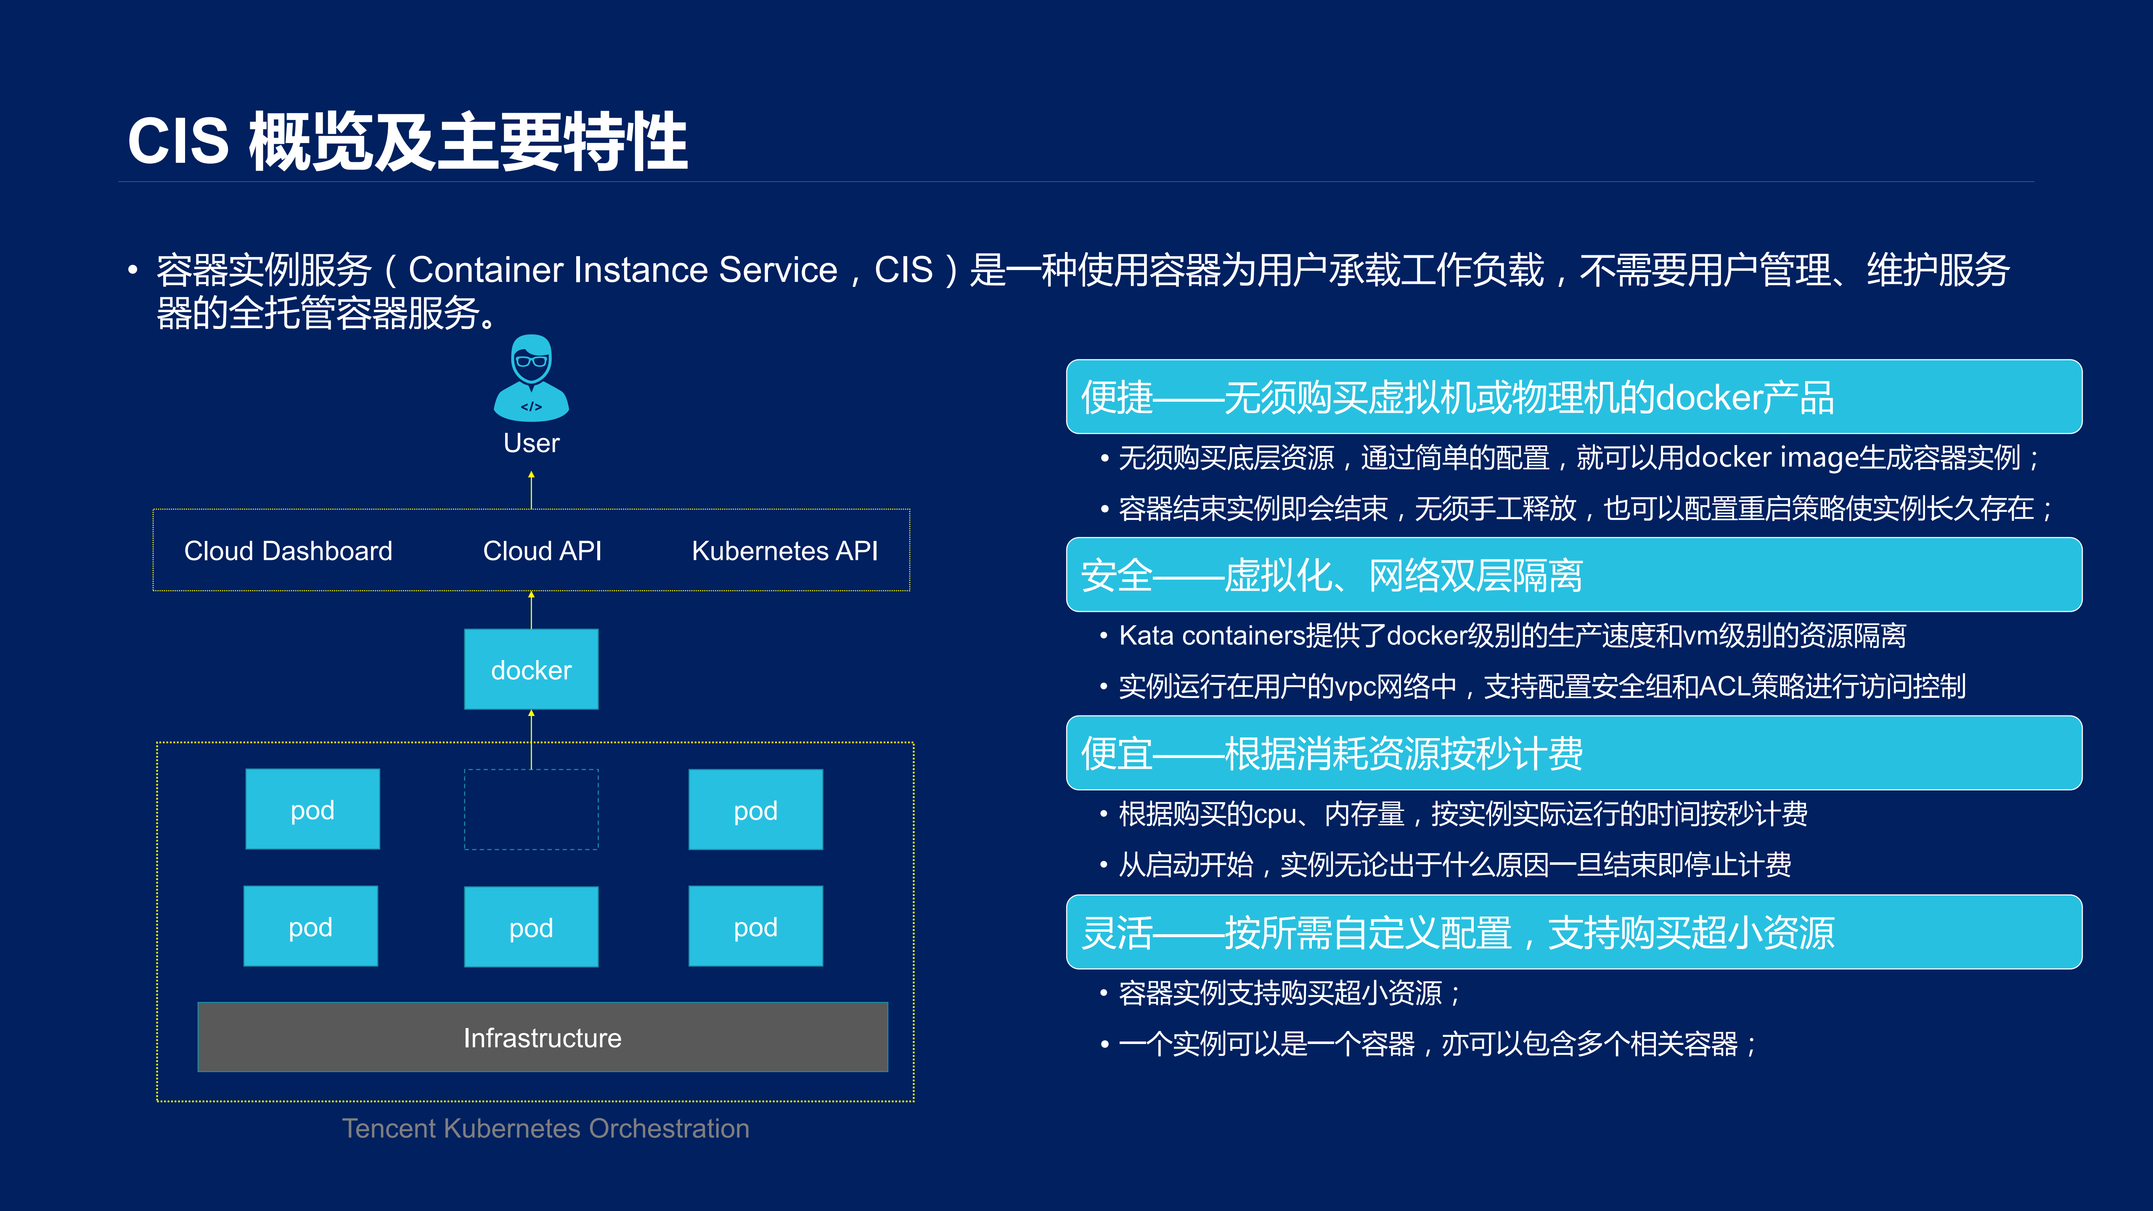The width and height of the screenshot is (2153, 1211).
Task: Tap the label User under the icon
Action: point(532,443)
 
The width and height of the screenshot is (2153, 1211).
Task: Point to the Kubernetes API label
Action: point(785,551)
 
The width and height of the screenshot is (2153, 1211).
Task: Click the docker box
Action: point(532,669)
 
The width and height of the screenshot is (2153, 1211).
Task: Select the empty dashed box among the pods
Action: point(532,809)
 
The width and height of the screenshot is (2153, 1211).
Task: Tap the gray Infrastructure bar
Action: point(543,1037)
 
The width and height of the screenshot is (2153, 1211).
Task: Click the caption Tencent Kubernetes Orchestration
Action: point(546,1128)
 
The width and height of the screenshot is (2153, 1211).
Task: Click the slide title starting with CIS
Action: point(407,142)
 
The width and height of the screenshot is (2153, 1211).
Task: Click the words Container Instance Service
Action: point(622,270)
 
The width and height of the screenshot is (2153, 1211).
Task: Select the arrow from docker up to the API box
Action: point(532,610)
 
